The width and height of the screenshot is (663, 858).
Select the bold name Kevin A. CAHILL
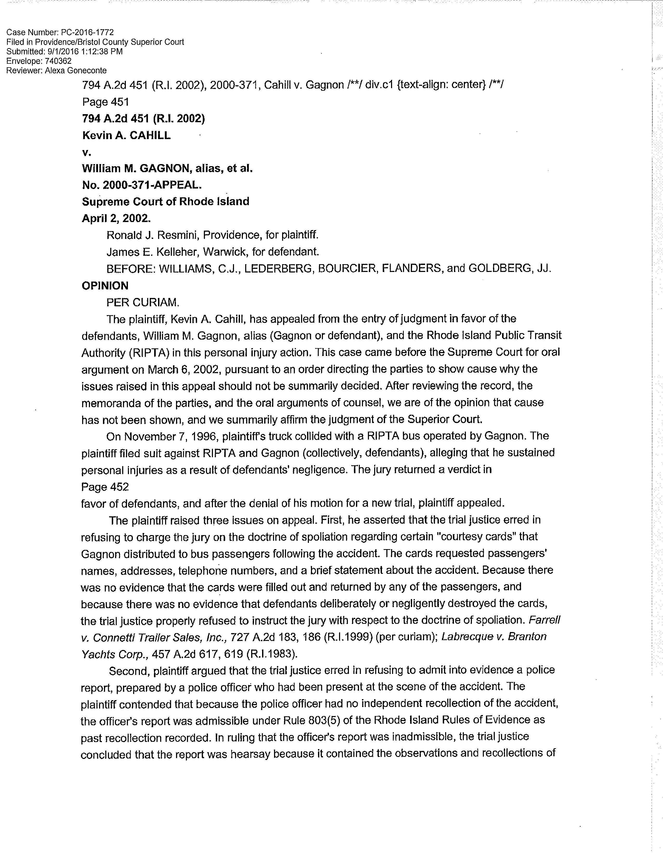pyautogui.click(x=126, y=135)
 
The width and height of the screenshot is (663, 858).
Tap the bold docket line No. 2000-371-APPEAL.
pyautogui.click(x=142, y=185)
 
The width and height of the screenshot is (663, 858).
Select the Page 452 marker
pyautogui.click(x=105, y=487)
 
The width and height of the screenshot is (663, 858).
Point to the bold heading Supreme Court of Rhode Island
pyautogui.click(x=165, y=201)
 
